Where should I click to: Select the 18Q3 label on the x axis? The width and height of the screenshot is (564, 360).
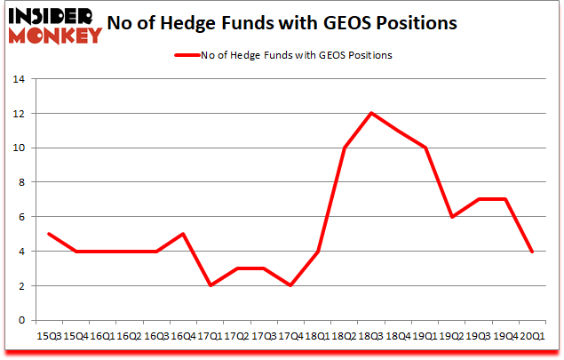[x=372, y=335]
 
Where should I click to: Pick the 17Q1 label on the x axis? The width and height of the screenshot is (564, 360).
[x=211, y=335]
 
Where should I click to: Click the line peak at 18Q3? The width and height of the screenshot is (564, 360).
[x=372, y=113]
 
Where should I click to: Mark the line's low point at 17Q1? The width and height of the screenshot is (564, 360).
[x=211, y=285]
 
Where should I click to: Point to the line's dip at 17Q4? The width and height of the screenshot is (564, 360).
[x=291, y=285]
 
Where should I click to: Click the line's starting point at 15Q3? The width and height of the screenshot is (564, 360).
[x=48, y=234]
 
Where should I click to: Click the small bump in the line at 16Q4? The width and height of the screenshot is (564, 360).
[x=183, y=234]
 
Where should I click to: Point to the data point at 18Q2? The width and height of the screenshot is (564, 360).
[x=346, y=148]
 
